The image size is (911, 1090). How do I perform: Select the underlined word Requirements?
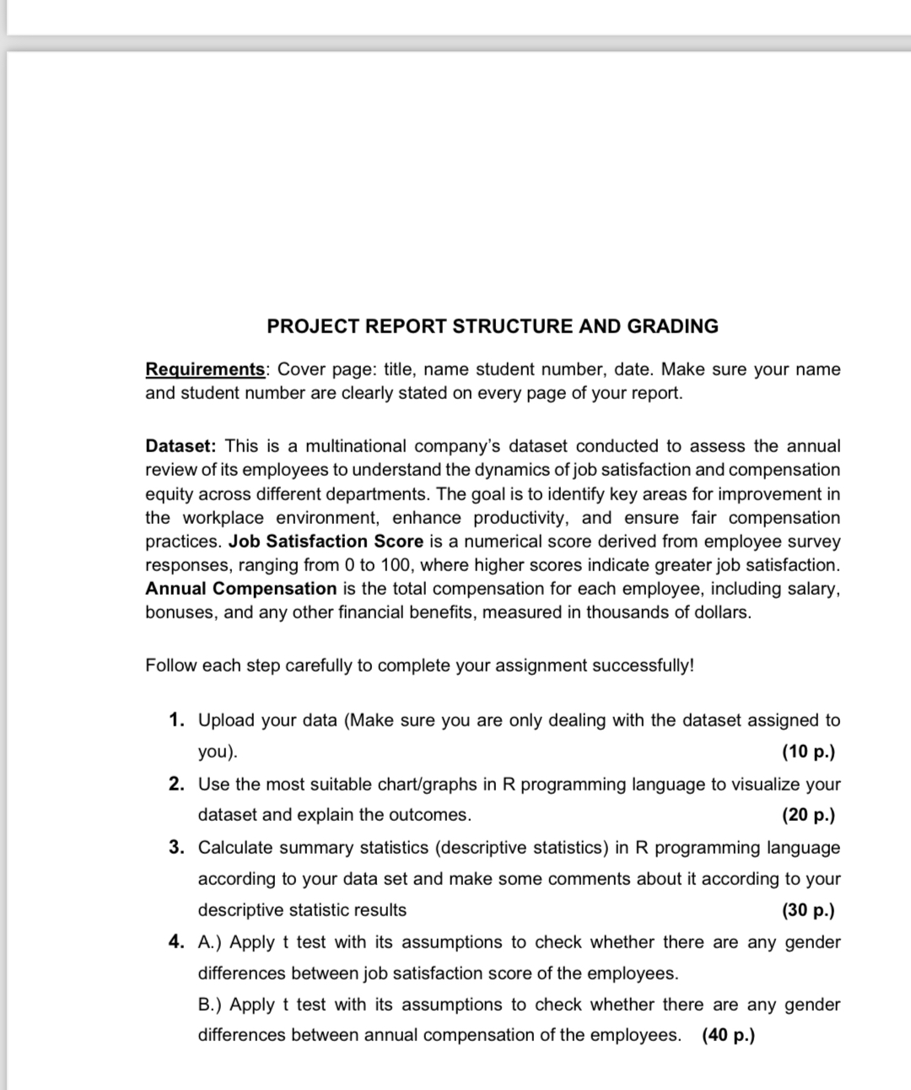[x=205, y=370]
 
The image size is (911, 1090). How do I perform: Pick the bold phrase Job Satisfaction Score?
[x=326, y=541]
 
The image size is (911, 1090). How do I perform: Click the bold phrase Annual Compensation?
[x=240, y=588]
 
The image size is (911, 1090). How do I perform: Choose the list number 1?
[x=175, y=720]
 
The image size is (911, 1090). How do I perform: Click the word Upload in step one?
[x=225, y=720]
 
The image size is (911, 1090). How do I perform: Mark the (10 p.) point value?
[x=808, y=751]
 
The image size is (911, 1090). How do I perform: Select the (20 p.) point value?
[x=808, y=815]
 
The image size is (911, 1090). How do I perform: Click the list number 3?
[x=175, y=847]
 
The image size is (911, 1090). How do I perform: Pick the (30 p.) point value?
[x=808, y=910]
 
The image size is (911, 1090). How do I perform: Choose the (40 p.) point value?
[x=728, y=1035]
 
